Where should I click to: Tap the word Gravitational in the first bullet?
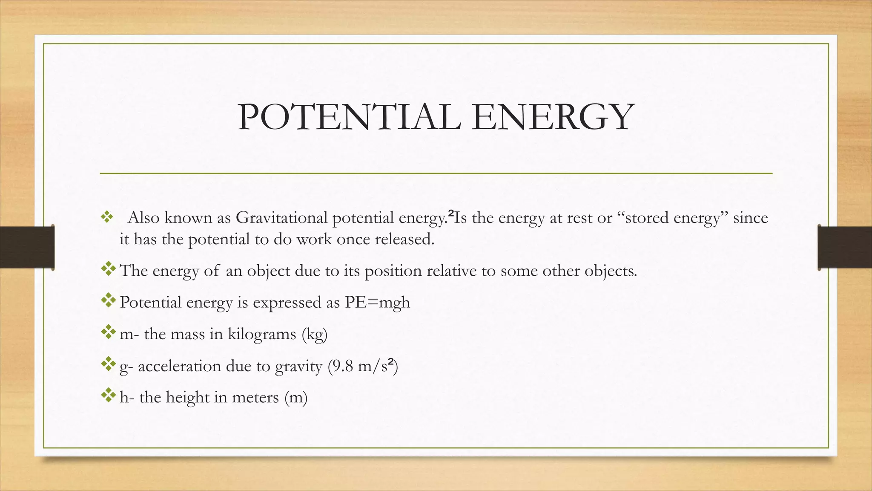pyautogui.click(x=281, y=218)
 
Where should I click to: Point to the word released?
pyautogui.click(x=404, y=239)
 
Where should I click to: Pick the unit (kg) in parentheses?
pyautogui.click(x=314, y=334)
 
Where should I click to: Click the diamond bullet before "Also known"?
pyautogui.click(x=106, y=218)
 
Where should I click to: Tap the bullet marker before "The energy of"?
pyautogui.click(x=109, y=269)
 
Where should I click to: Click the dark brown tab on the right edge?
pyautogui.click(x=845, y=247)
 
